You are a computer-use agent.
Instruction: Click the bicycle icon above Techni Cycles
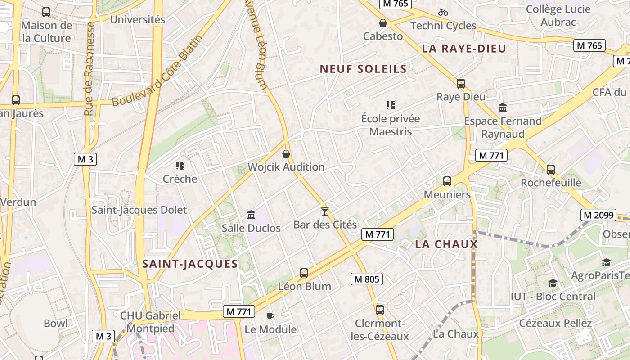coord(443,13)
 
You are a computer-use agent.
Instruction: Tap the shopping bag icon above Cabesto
coord(383,23)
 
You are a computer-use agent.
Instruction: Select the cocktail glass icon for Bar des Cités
coord(325,211)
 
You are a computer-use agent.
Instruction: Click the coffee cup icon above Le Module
coord(270,316)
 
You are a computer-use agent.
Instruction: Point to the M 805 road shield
coord(367,279)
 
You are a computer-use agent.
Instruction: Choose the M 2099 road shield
coord(599,215)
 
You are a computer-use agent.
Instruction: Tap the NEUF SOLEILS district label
coord(363,69)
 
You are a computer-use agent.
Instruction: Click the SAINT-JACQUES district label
coord(190,264)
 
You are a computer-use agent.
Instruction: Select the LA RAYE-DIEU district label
coord(464,49)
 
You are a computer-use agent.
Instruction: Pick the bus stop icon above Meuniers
coord(447,181)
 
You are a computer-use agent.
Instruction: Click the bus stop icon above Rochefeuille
coord(551,170)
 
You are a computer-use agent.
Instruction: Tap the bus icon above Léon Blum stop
coord(304,273)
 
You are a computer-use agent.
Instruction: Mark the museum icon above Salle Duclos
coord(251,215)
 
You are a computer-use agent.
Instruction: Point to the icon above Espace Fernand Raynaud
coord(503,108)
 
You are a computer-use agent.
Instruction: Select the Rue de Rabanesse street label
coord(89,67)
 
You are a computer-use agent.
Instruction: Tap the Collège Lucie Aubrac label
coord(558,15)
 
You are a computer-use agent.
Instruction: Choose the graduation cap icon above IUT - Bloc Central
coord(552,283)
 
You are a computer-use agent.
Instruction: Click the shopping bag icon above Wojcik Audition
coord(286,154)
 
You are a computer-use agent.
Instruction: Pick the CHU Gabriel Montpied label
coord(150,322)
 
